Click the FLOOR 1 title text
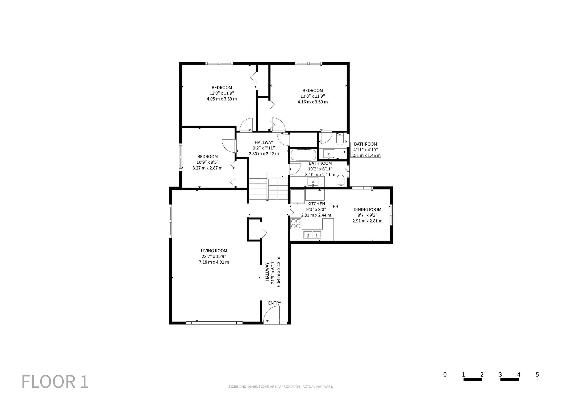[x=55, y=382]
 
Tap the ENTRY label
[x=275, y=303]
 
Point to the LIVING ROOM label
[x=214, y=251]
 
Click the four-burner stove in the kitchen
[x=296, y=224]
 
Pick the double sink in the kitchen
[x=312, y=234]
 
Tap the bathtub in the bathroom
[x=303, y=155]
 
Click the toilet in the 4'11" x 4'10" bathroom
[x=340, y=139]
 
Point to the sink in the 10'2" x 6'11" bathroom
[x=313, y=182]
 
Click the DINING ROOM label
[x=367, y=209]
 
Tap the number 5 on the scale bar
[x=537, y=374]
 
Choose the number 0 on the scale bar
[x=445, y=374]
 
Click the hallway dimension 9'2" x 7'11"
[x=264, y=148]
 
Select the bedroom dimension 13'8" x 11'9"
[x=313, y=96]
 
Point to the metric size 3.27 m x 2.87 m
[x=207, y=168]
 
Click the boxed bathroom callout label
[x=366, y=150]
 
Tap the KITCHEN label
[x=316, y=204]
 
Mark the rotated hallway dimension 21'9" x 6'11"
[x=273, y=272]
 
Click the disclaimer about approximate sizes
[x=280, y=386]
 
